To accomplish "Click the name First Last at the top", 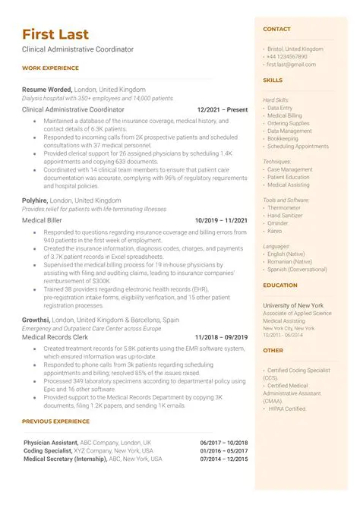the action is (x=55, y=34).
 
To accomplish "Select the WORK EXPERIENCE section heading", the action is (x=50, y=68).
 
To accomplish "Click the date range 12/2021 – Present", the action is (x=222, y=109).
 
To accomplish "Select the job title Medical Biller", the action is (x=43, y=220).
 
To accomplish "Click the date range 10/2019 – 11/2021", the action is (x=221, y=220).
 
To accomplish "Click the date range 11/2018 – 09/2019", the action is (x=221, y=337).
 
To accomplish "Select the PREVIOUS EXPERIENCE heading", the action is (x=56, y=421).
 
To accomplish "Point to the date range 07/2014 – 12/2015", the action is (x=224, y=459).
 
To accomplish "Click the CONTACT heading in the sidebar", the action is (x=276, y=30).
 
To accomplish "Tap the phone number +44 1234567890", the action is (x=287, y=57).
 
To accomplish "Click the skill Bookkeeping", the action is (x=285, y=139).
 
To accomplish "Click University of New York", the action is (x=292, y=305).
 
